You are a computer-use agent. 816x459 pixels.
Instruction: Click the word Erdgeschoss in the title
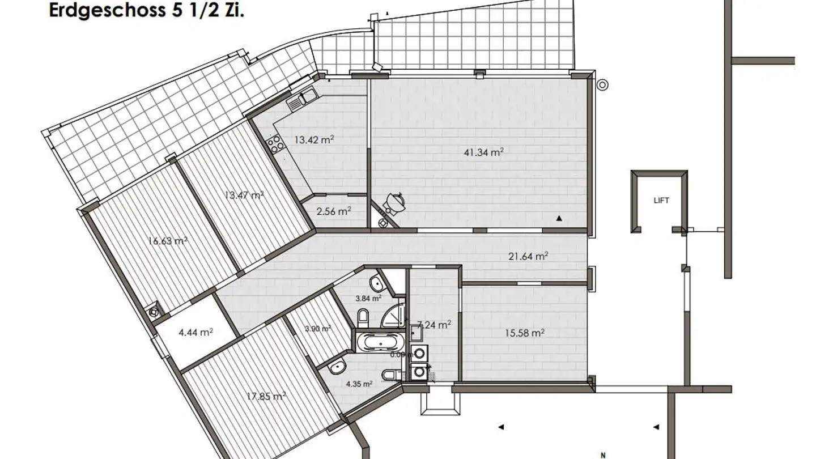click(105, 10)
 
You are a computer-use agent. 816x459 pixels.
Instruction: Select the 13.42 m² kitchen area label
click(313, 139)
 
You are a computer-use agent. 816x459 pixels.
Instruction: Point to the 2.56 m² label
click(334, 211)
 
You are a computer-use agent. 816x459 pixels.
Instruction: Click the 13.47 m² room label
click(244, 195)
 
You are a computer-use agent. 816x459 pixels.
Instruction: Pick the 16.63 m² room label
click(168, 240)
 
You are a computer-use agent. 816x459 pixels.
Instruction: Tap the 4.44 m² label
click(195, 333)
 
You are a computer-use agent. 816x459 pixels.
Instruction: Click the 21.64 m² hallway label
click(528, 256)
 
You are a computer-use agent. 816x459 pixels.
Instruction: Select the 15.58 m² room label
click(524, 333)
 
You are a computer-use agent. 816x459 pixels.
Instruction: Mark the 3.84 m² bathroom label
click(368, 298)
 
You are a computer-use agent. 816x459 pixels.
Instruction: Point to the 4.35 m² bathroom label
click(359, 384)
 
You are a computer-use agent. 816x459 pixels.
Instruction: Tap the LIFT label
click(661, 201)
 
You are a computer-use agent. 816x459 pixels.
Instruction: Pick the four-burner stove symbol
click(276, 144)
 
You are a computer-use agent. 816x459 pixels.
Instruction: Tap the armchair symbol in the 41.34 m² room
click(394, 201)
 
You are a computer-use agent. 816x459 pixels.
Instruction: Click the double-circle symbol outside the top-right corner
click(603, 86)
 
